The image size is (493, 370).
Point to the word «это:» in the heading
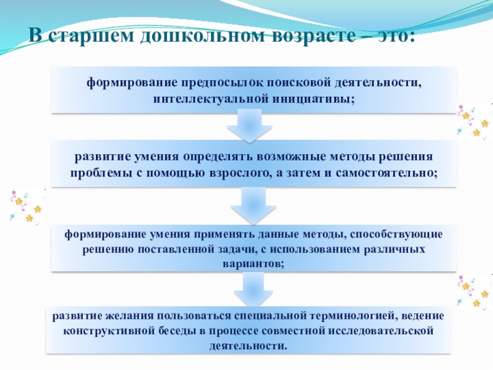392,35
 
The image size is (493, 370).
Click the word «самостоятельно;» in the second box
388,173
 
